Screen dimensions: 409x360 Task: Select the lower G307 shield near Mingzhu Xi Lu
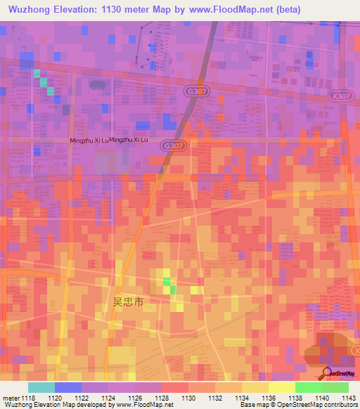[x=172, y=145]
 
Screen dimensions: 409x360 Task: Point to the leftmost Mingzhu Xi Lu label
[x=89, y=141]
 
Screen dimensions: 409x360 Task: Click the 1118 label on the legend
[x=27, y=398]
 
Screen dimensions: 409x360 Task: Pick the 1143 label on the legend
[x=348, y=398]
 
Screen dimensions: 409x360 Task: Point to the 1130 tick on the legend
[x=188, y=398]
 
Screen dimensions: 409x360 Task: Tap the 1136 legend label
[x=268, y=398]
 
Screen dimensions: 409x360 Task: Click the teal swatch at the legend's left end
[x=41, y=387]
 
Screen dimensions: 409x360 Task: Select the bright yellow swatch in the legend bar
[x=281, y=387]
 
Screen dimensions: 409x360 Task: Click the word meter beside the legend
[x=10, y=398]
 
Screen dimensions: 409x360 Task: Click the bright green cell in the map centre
[x=167, y=282]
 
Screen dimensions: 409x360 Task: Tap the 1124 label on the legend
[x=108, y=398]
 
